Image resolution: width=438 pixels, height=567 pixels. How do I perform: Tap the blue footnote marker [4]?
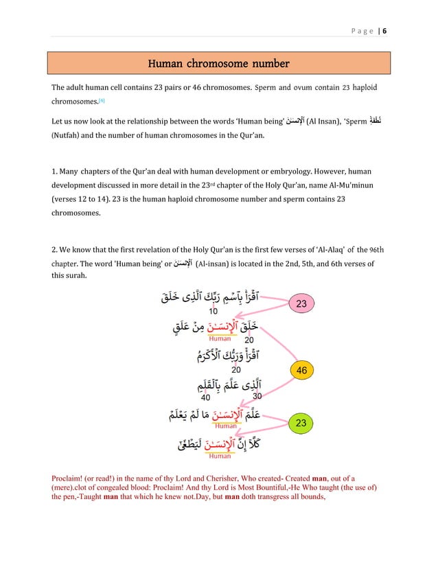coord(102,101)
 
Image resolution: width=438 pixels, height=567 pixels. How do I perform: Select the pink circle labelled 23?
coord(300,302)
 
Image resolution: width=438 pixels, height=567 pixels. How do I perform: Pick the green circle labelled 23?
coord(300,424)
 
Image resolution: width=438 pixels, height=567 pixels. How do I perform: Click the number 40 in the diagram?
coord(205,397)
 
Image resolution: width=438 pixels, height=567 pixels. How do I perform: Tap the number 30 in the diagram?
coord(257,396)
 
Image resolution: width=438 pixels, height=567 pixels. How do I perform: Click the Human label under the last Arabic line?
coord(220,456)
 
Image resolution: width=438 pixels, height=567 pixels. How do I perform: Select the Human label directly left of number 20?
coord(220,338)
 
